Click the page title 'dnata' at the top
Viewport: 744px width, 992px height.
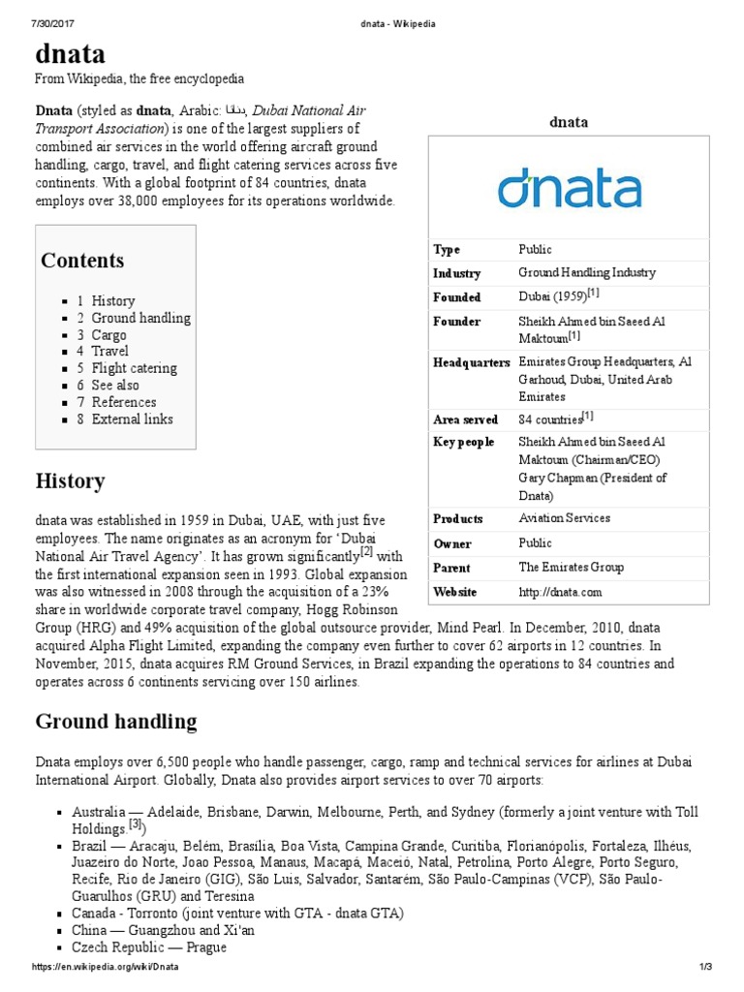pos(71,52)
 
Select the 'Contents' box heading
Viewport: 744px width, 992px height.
pos(82,261)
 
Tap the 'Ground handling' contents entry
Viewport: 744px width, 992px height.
pos(140,318)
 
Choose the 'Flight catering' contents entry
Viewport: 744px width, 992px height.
pos(134,368)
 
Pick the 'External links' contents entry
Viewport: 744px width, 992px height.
pos(132,418)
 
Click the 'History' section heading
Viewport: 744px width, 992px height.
pos(70,480)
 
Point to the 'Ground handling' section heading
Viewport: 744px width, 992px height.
pos(115,721)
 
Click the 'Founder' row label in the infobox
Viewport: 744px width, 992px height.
pos(456,322)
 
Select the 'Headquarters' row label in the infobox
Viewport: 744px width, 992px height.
pos(471,362)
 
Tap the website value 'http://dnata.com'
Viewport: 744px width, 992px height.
pos(560,591)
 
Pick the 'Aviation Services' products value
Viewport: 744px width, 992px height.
pos(564,518)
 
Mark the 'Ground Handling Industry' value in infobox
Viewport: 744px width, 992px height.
pos(586,273)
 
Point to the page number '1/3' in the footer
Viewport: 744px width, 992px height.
pos(704,968)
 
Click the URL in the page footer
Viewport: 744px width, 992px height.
pos(107,968)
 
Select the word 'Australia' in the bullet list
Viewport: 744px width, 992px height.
pos(98,812)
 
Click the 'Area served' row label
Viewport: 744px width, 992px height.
pos(465,419)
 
